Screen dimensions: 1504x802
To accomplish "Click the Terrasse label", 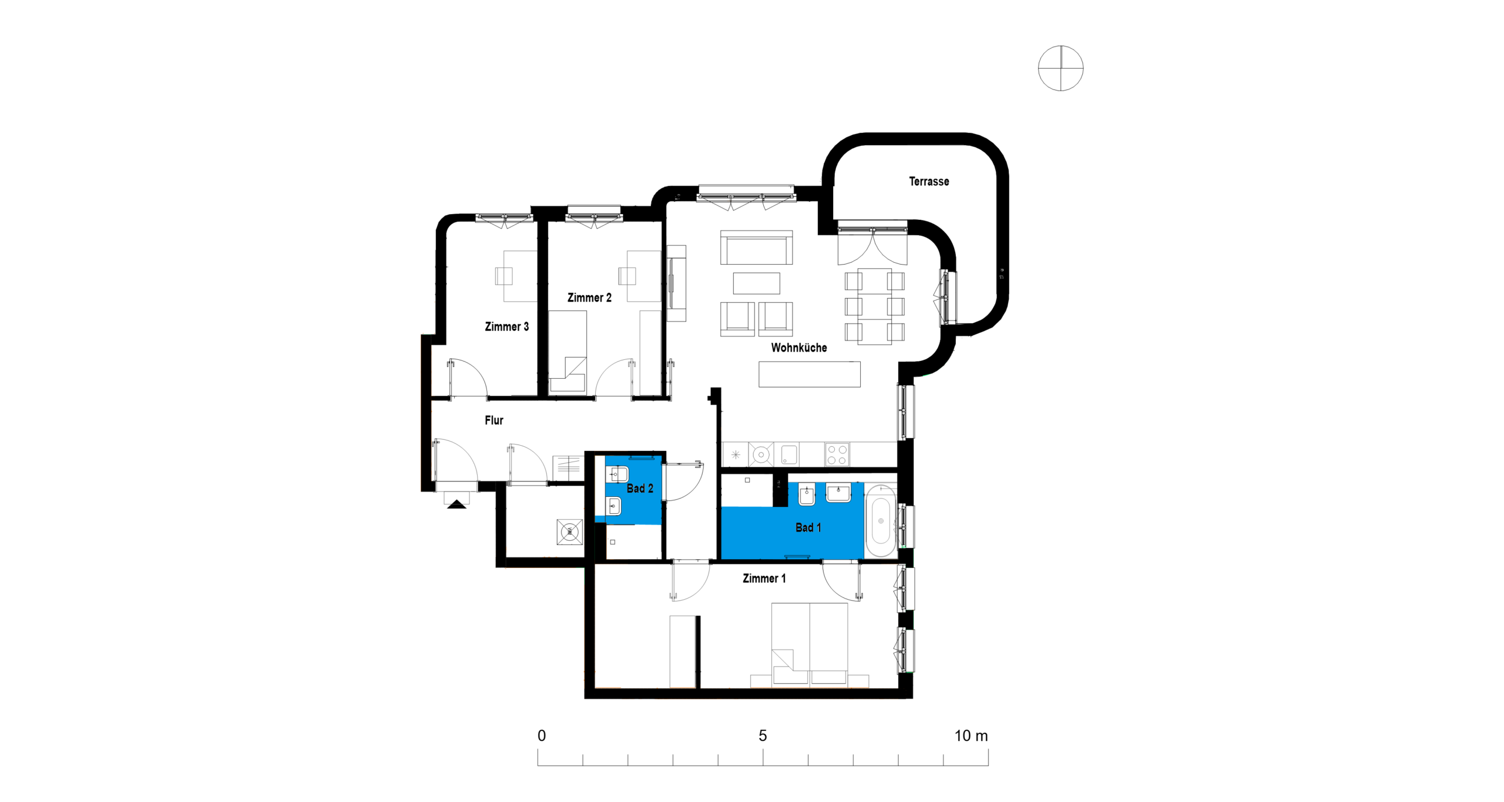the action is (x=929, y=182).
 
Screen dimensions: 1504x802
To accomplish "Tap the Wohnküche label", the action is (x=799, y=347).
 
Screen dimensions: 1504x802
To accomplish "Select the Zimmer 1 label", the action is (x=764, y=579).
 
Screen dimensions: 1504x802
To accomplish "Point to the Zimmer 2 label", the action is (x=589, y=298).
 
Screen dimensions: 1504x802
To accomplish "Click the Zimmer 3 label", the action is (x=506, y=326).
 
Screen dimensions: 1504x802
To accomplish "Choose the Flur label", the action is (x=494, y=420).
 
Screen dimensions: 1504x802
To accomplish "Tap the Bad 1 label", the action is (x=808, y=527).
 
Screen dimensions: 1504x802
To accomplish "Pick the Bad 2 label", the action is (x=640, y=488).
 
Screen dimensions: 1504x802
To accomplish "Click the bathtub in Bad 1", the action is (x=881, y=520).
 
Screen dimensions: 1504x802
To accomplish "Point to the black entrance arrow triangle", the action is (x=456, y=504).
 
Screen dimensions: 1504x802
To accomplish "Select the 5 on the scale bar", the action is (x=763, y=736).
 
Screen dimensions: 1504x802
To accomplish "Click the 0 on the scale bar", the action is (x=542, y=736).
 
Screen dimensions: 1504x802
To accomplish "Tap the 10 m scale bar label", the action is (x=971, y=736).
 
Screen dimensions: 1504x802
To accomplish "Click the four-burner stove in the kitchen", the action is (x=837, y=455).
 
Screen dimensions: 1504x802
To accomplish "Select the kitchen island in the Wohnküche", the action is (x=810, y=374).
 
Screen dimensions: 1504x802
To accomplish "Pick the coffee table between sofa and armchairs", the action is (x=757, y=283).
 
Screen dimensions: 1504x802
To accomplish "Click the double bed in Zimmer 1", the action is (x=810, y=644).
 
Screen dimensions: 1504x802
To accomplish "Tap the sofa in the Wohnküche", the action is (x=757, y=248).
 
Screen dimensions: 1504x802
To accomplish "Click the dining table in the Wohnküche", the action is (x=875, y=306).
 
